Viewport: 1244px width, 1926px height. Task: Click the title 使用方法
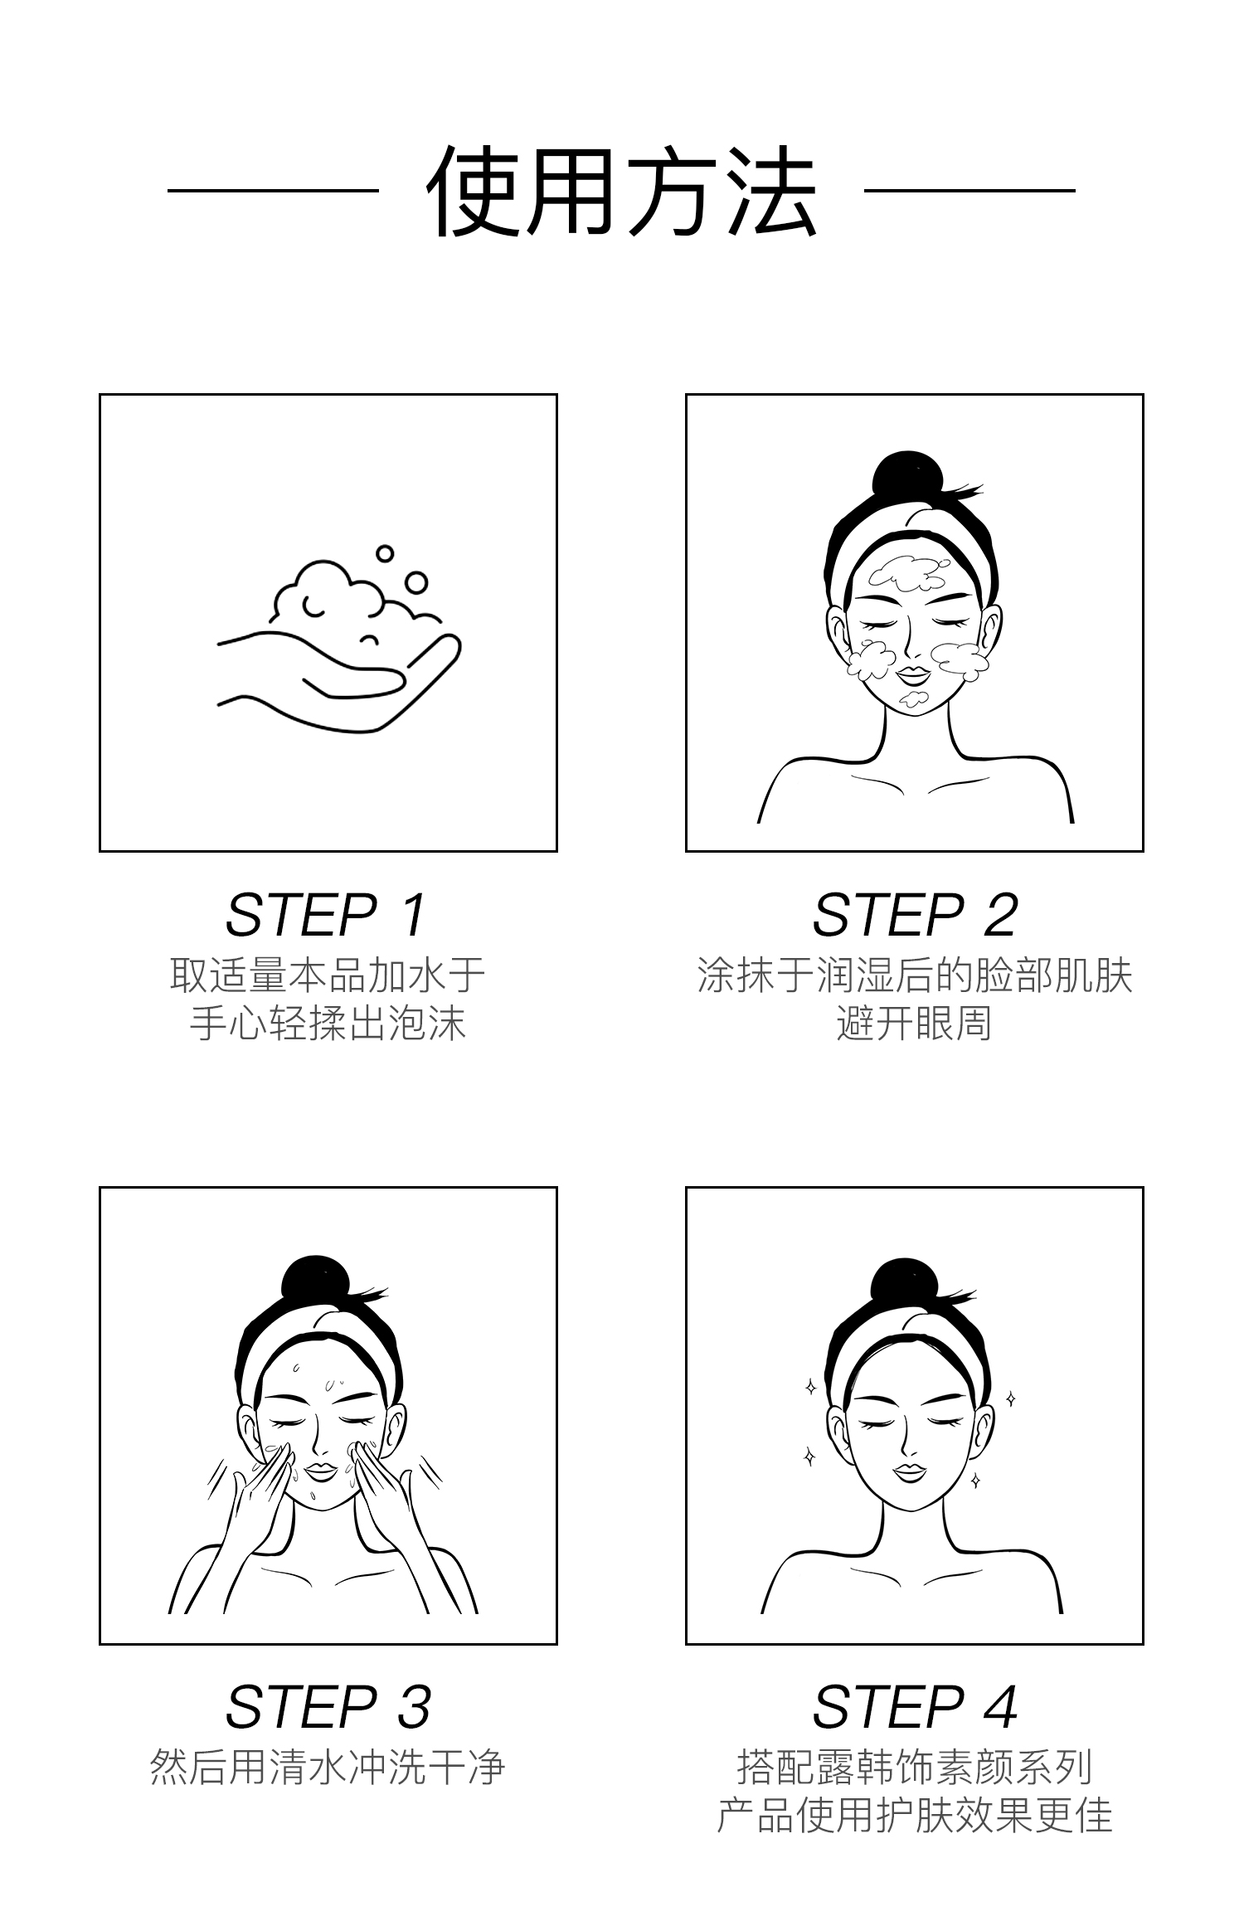click(622, 192)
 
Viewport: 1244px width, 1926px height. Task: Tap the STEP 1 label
click(327, 915)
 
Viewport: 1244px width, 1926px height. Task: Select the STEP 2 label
click(915, 915)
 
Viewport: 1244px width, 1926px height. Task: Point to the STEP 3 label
click(328, 1707)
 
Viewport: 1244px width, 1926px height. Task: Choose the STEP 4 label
click(915, 1707)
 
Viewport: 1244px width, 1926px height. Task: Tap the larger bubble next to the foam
click(416, 583)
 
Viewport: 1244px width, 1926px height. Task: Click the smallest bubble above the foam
click(384, 553)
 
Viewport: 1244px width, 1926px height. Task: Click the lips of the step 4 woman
click(910, 1471)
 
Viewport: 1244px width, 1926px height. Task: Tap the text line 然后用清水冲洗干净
click(328, 1768)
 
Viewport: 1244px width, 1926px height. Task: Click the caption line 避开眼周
click(915, 1023)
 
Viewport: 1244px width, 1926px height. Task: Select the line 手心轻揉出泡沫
click(328, 1023)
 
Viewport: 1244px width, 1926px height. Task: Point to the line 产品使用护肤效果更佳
click(915, 1816)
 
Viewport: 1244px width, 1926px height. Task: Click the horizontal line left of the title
click(273, 191)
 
